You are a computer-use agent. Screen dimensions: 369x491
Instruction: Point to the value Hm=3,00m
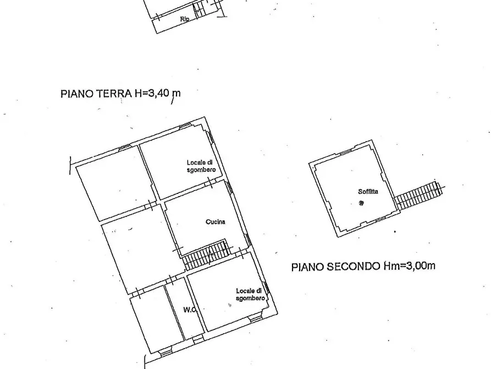coord(409,267)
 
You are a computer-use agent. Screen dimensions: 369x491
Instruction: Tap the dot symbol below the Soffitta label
coord(361,203)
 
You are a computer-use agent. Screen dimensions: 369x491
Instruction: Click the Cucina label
coord(216,222)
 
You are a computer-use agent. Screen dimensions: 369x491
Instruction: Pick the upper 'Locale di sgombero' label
coord(200,166)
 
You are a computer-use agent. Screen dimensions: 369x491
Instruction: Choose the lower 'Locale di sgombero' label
coord(250,294)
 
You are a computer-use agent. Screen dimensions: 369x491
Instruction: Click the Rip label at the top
coord(185,19)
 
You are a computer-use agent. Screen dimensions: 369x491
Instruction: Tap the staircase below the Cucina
coord(207,254)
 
